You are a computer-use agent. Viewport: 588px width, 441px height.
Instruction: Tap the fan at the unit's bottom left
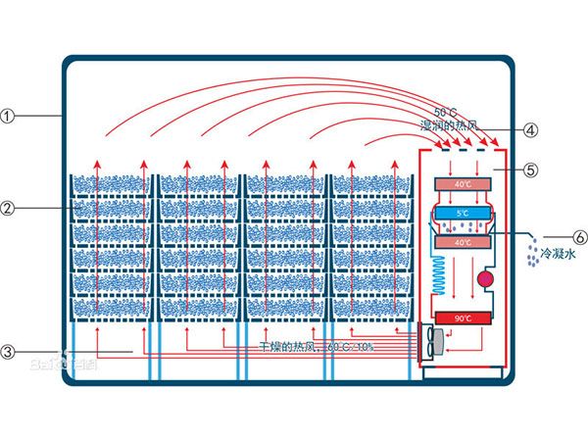point(432,341)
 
